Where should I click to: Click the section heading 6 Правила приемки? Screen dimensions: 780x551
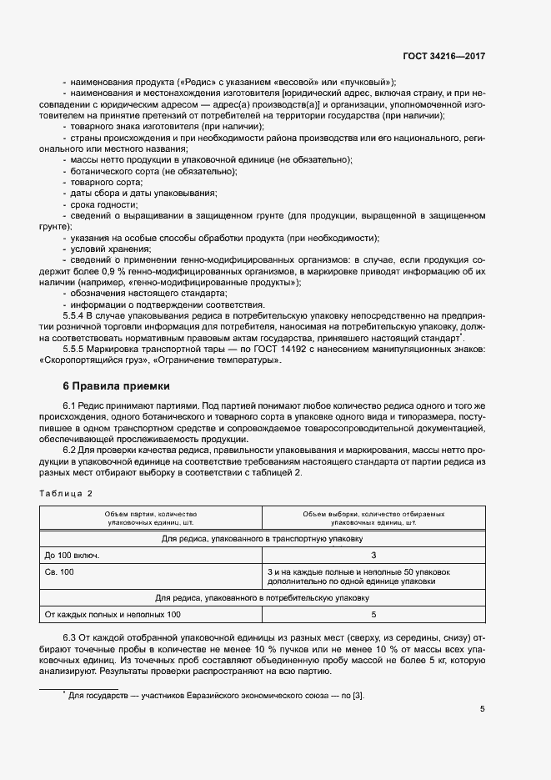point(116,386)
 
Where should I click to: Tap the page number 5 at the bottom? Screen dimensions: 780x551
point(483,709)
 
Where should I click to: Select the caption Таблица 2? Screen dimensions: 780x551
point(66,494)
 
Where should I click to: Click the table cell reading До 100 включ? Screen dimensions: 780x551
point(72,555)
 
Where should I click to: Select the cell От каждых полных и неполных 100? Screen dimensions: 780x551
point(113,615)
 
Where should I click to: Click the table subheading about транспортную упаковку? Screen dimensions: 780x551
point(263,539)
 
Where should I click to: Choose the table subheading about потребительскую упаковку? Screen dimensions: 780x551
point(263,598)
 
